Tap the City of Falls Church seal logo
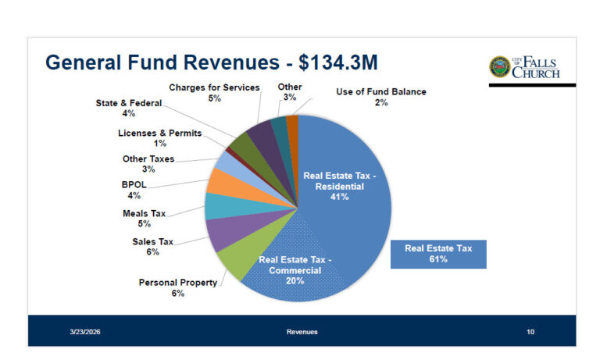point(499,67)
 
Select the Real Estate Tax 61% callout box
point(438,254)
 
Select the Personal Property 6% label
point(178,287)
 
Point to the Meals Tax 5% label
point(145,218)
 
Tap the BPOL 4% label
point(134,190)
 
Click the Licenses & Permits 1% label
point(159,138)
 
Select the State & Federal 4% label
point(129,108)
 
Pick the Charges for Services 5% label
point(214,93)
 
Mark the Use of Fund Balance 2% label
point(381,97)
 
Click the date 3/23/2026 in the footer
point(84,333)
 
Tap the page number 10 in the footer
point(530,333)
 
